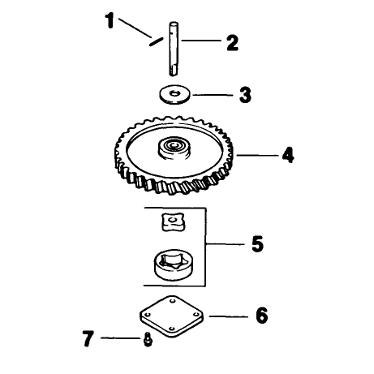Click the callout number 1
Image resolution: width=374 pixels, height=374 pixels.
click(x=110, y=20)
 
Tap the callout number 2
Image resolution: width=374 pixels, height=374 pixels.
click(x=233, y=43)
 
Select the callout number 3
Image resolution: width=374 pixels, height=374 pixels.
click(x=245, y=95)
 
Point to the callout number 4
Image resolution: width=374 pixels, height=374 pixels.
click(x=288, y=155)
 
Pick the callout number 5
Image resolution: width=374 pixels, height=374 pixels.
click(x=257, y=244)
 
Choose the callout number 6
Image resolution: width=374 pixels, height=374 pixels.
click(x=262, y=316)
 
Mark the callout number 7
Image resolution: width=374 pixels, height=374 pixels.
click(x=88, y=338)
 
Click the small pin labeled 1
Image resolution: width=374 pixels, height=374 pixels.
click(x=156, y=42)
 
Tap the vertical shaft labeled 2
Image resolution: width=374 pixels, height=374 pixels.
click(x=174, y=49)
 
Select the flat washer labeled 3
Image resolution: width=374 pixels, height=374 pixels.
click(x=174, y=95)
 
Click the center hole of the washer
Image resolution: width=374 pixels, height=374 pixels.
click(x=175, y=93)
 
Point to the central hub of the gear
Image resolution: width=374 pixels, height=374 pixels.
click(x=174, y=148)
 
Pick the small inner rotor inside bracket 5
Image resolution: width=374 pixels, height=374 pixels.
click(x=173, y=222)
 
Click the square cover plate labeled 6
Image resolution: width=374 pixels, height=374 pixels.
click(x=171, y=316)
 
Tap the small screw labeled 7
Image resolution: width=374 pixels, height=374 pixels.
click(x=148, y=340)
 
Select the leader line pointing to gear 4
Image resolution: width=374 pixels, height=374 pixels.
click(x=257, y=156)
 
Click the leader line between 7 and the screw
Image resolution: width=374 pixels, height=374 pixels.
click(x=121, y=338)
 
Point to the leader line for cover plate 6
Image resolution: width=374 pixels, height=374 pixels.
click(x=229, y=316)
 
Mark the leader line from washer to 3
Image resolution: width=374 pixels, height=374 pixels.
click(x=213, y=95)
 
